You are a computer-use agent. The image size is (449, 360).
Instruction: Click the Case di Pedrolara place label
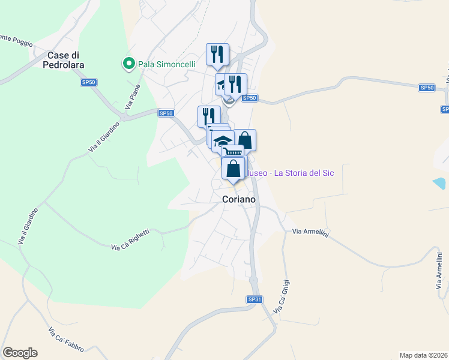coord(65,59)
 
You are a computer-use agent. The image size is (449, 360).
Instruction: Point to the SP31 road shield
coord(254,299)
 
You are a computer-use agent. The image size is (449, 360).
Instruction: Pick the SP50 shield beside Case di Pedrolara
coord(89,82)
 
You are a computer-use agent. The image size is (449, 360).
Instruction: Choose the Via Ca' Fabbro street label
coord(66,339)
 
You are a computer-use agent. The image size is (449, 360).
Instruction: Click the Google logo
coord(20,353)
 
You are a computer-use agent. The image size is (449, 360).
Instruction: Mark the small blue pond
coord(439,182)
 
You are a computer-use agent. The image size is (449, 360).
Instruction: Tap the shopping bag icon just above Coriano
coord(234,169)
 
